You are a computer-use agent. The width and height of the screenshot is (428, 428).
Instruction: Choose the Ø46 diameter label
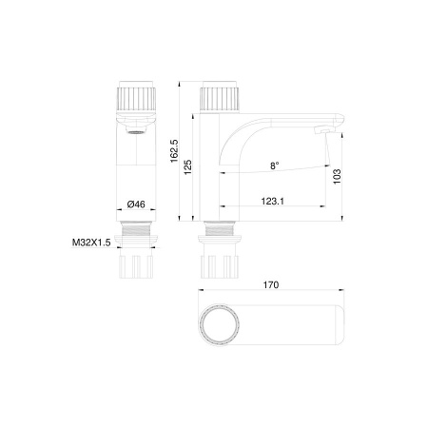tap(135, 204)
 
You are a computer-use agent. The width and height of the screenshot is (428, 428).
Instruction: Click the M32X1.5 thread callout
tap(91, 243)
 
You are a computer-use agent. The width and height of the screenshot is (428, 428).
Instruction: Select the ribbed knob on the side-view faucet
tap(221, 99)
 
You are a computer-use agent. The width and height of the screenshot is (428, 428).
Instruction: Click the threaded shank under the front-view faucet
tap(135, 242)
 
